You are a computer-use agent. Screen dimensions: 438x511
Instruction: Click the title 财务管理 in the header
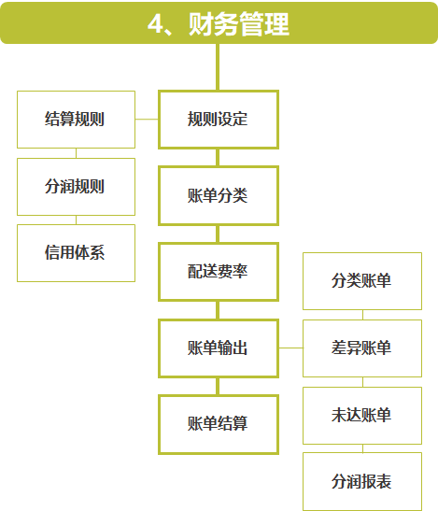[239, 23]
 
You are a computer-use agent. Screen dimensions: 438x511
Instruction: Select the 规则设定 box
[219, 120]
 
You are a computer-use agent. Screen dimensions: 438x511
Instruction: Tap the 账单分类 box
[219, 195]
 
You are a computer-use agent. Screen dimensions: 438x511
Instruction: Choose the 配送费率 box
[219, 272]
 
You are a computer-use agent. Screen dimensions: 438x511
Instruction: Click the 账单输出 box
[219, 348]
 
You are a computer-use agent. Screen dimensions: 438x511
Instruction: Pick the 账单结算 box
[219, 424]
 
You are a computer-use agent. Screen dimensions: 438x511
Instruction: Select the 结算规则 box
[76, 120]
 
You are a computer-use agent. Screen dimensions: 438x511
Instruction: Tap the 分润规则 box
[76, 187]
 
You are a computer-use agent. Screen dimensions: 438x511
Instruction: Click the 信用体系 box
[76, 253]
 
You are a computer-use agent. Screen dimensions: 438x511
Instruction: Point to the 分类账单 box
[362, 281]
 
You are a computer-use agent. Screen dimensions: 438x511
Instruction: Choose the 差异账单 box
[362, 348]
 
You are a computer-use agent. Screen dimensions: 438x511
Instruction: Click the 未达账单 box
[362, 416]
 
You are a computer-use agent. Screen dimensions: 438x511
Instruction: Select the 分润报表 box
[362, 481]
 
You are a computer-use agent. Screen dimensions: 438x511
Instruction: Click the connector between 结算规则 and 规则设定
[147, 120]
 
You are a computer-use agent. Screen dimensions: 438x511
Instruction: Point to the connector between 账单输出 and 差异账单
[290, 348]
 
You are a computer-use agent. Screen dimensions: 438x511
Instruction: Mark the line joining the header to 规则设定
[218, 67]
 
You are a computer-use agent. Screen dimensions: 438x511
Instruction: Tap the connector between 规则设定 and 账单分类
[218, 158]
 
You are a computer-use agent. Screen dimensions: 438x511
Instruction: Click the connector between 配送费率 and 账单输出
[218, 310]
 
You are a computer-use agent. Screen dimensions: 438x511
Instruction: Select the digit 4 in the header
[155, 23]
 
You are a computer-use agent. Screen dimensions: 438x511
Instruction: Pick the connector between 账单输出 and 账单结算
[218, 387]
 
